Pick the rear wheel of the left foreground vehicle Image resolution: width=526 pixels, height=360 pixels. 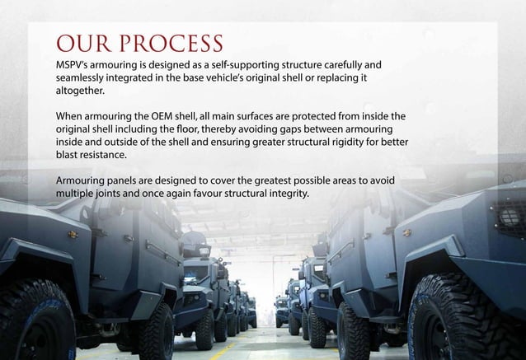156,330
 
